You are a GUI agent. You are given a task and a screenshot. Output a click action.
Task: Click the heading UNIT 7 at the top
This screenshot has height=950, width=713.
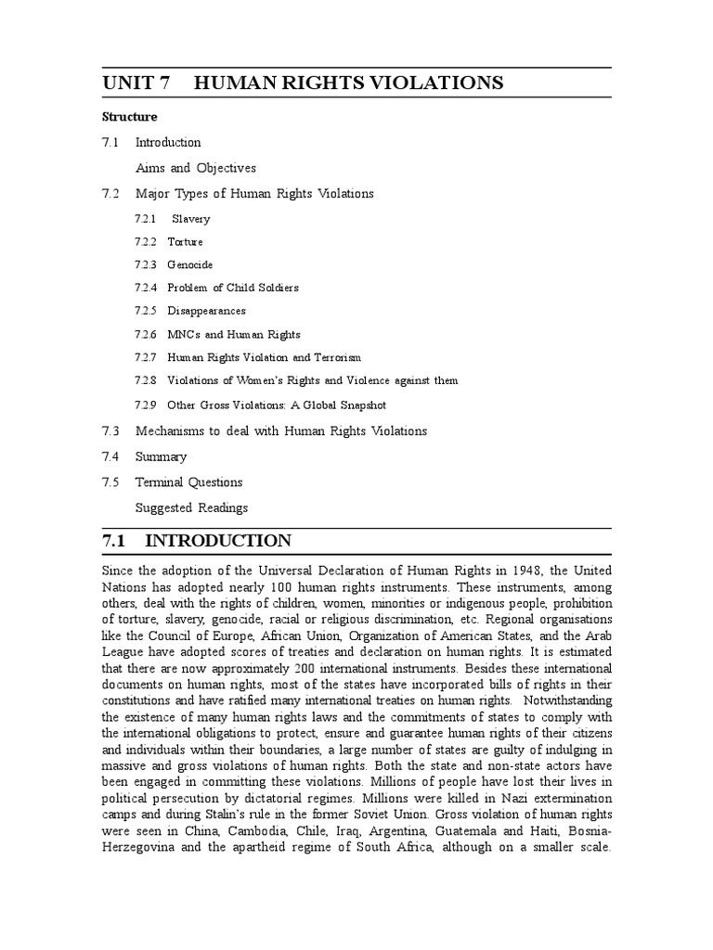click(136, 83)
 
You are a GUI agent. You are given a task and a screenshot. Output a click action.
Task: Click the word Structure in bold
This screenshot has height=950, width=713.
click(129, 117)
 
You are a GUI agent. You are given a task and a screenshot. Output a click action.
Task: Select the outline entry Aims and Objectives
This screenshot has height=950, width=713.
click(196, 168)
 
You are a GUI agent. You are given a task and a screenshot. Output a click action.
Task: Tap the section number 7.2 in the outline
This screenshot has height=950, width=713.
click(111, 194)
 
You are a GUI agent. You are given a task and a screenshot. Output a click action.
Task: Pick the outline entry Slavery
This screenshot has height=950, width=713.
click(191, 219)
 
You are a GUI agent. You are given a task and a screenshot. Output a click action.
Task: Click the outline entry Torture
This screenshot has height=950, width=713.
click(185, 242)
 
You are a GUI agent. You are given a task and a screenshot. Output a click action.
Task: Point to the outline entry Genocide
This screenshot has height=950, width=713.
click(189, 265)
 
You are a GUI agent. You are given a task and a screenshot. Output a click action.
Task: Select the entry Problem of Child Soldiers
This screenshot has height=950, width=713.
click(233, 288)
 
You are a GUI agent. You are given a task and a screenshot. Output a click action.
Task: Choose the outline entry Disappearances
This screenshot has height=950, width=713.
click(206, 311)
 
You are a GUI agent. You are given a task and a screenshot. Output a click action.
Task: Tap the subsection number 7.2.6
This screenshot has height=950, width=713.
click(145, 334)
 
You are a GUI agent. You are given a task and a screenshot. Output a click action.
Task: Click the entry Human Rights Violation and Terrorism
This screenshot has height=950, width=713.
click(264, 357)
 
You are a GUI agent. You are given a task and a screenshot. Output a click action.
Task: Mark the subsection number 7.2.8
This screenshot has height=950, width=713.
click(145, 380)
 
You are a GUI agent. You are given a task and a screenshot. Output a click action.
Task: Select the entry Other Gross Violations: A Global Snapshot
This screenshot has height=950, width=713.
click(276, 405)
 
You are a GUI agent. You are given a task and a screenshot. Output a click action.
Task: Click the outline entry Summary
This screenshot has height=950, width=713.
click(161, 456)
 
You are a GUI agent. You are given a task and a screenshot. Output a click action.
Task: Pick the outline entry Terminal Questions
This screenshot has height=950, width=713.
click(188, 482)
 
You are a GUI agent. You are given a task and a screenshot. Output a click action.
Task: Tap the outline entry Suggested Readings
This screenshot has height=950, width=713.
click(191, 508)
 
